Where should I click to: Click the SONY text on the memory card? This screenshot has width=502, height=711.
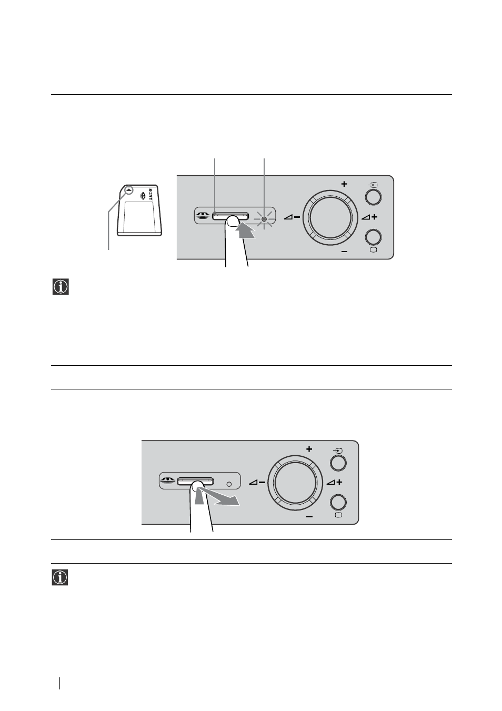150,194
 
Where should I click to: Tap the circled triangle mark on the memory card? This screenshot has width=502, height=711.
129,191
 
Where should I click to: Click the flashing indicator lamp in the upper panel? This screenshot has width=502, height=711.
264,219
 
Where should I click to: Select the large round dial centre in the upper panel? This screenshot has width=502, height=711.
330,217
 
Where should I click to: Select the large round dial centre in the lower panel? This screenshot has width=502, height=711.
295,483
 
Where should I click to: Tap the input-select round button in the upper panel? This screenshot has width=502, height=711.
373,197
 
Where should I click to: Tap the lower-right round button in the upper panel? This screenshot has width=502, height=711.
373,237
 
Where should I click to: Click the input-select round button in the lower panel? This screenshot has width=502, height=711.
338,463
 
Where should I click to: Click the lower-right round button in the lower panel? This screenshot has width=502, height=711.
338,503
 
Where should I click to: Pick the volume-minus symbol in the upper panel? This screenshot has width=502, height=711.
292,217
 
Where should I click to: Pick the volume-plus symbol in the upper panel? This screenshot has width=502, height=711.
369,217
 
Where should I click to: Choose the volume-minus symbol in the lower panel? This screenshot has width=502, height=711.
257,483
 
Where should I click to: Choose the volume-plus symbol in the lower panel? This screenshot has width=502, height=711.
335,482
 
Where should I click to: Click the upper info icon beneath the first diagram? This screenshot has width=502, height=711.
61,287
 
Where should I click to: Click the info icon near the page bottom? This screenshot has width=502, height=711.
60,577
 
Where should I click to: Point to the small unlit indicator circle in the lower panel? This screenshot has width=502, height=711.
229,484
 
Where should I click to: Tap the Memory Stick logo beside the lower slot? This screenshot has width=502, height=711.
168,481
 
